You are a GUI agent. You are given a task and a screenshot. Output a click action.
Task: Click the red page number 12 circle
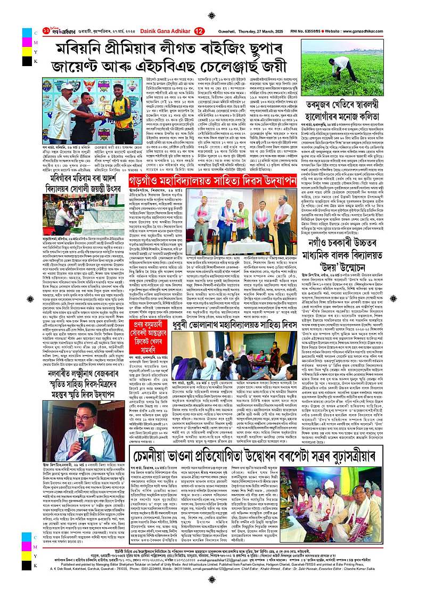[199, 31]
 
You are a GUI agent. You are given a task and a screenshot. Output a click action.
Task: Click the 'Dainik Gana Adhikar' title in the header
[166, 31]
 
